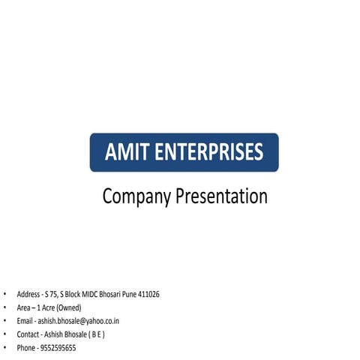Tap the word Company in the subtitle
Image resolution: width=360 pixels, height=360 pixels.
[x=136, y=197]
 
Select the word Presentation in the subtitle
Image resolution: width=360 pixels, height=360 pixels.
[x=222, y=196]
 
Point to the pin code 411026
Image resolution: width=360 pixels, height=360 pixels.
[x=147, y=295]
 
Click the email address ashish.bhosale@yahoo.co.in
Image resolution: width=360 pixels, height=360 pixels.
[x=79, y=321]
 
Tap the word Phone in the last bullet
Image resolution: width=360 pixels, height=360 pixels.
[x=26, y=348]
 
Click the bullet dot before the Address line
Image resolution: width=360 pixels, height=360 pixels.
[x=4, y=295]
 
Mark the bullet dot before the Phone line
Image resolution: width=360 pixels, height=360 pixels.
[x=4, y=348]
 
